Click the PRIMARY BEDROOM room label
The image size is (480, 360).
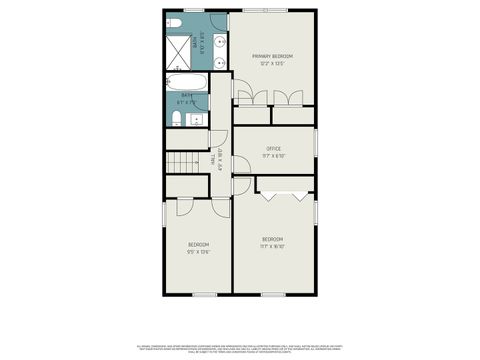click(x=273, y=56)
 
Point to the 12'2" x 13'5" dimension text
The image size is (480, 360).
click(x=273, y=64)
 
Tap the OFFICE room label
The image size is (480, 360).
click(x=273, y=148)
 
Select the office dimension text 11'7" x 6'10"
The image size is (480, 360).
click(x=273, y=155)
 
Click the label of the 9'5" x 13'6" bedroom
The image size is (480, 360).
click(x=198, y=244)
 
